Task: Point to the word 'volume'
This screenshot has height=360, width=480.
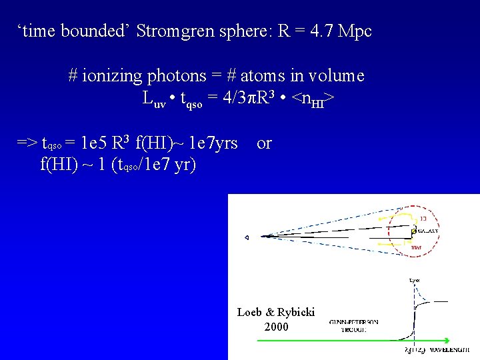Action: [x=337, y=75]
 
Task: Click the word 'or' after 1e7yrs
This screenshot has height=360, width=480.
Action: [x=264, y=143]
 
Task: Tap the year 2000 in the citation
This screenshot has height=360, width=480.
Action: [x=277, y=327]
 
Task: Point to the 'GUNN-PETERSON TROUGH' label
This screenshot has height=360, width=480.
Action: [x=353, y=325]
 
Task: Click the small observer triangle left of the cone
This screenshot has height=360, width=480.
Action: [x=246, y=237]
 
